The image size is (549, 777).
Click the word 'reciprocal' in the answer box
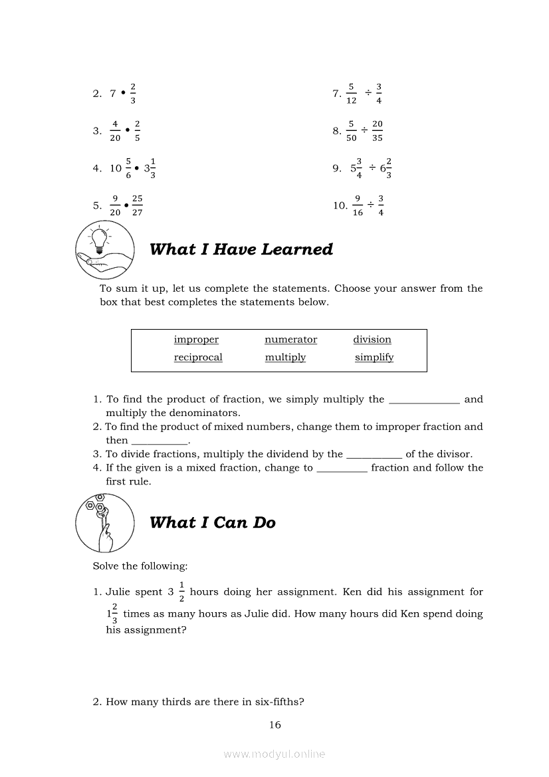198,358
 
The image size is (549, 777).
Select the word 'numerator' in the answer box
290,340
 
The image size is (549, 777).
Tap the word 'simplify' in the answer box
374,358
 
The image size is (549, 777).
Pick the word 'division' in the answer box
372,340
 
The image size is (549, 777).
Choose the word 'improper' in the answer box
196,340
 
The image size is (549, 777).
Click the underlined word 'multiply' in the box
285,358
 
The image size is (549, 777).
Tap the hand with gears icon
100,522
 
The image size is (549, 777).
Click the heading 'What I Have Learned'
241,249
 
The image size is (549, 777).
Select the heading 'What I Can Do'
213,522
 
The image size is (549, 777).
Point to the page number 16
275,725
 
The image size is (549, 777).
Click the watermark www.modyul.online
274,754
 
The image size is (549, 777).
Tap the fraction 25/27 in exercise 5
137,205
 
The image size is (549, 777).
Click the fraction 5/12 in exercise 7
351,94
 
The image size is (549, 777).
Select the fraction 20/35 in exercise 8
378,131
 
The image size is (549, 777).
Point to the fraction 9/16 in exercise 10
358,205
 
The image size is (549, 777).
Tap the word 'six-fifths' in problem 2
280,702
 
